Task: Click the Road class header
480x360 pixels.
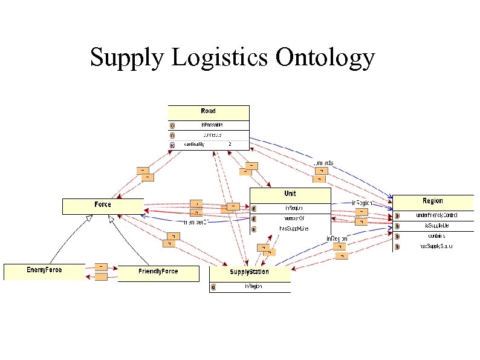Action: click(208, 111)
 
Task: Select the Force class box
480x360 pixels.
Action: click(103, 205)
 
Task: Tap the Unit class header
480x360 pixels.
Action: click(290, 194)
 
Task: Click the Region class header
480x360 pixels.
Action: click(433, 201)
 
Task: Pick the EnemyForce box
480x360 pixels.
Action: click(44, 270)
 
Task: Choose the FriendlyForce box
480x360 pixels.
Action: click(158, 272)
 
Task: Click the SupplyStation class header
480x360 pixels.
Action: click(249, 272)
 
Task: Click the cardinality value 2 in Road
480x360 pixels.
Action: click(230, 145)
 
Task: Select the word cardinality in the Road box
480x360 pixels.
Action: click(194, 145)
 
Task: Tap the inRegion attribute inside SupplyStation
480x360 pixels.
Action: click(253, 286)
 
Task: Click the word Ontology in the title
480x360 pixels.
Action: click(325, 58)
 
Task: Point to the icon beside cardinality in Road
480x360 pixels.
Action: click(172, 145)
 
